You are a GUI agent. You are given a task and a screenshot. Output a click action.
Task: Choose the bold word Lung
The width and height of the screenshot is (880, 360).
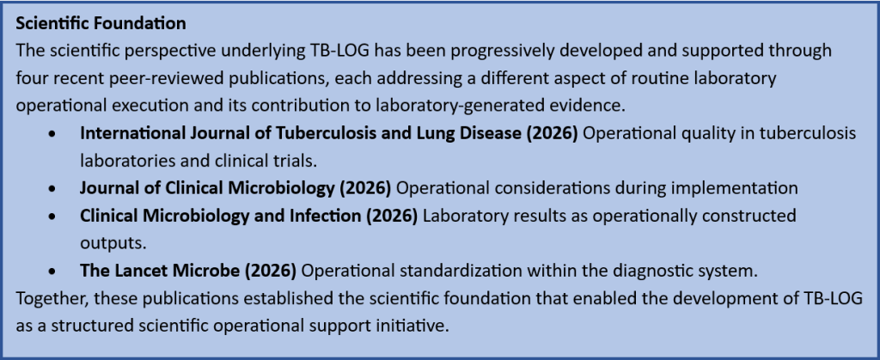[x=457, y=133]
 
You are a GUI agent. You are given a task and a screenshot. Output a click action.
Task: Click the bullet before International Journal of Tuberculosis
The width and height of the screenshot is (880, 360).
[x=52, y=135]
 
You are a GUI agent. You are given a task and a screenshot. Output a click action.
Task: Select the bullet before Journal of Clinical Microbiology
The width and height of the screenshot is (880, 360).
[x=52, y=189]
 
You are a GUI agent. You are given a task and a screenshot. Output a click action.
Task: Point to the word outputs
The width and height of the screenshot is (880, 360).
[x=107, y=243]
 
